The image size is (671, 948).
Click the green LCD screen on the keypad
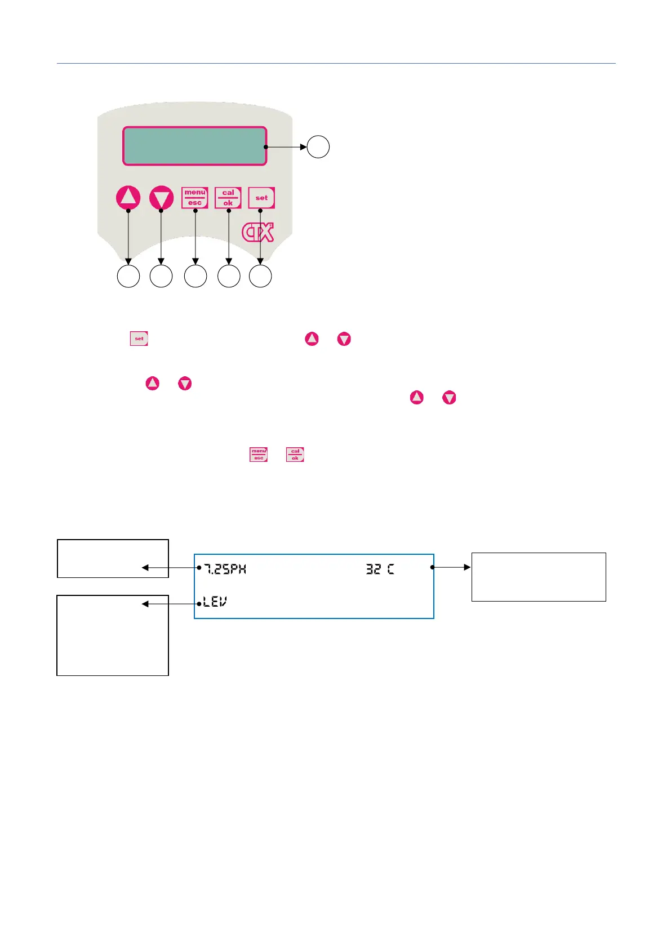[194, 146]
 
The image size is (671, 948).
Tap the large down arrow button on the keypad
[162, 198]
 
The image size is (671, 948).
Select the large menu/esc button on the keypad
[195, 198]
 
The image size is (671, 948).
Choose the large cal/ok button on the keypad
[228, 198]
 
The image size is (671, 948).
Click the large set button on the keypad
[261, 198]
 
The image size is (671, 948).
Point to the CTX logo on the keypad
[258, 232]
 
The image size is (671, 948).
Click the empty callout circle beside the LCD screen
[318, 147]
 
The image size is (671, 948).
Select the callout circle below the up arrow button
[128, 277]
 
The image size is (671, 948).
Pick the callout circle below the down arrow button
[161, 277]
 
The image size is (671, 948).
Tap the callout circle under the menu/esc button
[195, 277]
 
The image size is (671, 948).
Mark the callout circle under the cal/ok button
[229, 277]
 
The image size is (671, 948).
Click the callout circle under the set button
[260, 277]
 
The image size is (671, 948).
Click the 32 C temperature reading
[380, 569]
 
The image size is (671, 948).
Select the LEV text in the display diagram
[215, 603]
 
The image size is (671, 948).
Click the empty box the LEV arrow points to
[113, 635]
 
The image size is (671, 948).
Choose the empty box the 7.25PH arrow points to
[113, 558]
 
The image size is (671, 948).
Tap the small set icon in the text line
[139, 339]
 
